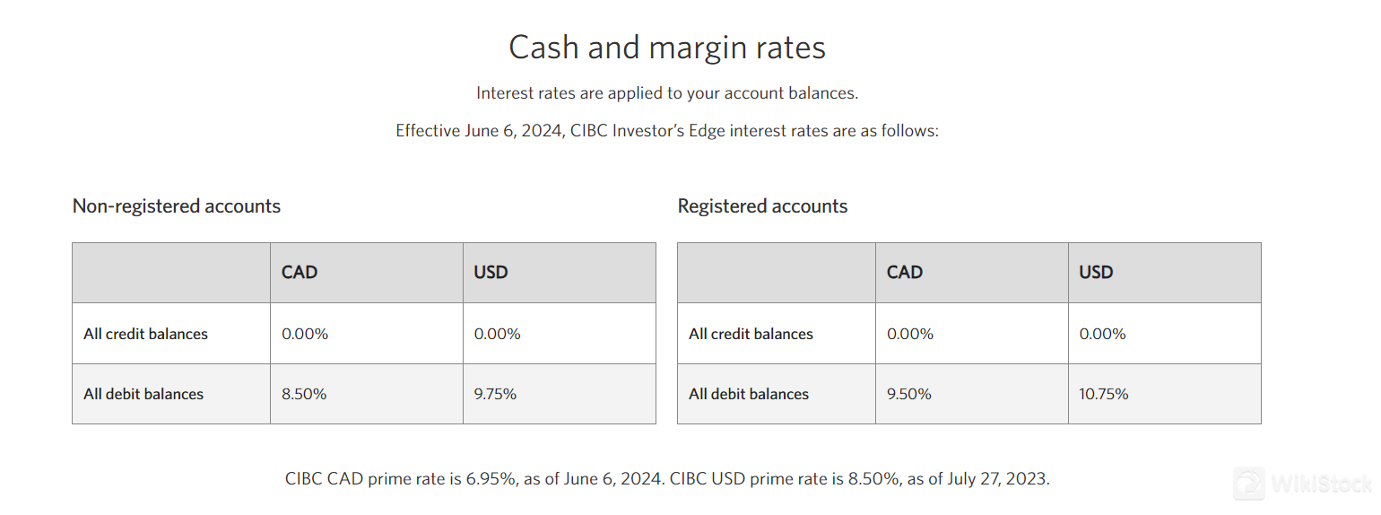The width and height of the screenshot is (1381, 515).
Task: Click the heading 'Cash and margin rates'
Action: click(x=667, y=47)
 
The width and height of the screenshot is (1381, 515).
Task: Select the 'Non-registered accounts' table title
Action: click(x=177, y=206)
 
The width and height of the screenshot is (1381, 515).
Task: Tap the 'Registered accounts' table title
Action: click(x=762, y=206)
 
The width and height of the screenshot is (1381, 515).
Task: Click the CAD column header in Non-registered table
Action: click(x=300, y=272)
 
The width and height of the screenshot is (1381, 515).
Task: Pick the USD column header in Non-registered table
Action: click(x=491, y=272)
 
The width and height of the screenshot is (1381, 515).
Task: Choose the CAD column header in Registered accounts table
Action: click(x=905, y=272)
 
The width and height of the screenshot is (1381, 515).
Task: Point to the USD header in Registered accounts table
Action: click(x=1096, y=272)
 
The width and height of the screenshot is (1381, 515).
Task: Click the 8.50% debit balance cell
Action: click(x=304, y=394)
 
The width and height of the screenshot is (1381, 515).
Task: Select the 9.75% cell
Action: click(x=495, y=394)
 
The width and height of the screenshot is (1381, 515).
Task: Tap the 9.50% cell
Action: click(x=909, y=394)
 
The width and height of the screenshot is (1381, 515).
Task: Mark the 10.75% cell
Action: click(x=1104, y=394)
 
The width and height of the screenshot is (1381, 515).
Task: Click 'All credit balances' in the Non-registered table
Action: click(x=145, y=334)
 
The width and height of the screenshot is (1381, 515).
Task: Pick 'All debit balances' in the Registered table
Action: click(x=749, y=394)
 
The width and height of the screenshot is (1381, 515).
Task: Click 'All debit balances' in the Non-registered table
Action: click(x=143, y=394)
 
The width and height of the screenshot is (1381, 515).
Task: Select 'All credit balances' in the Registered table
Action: click(x=751, y=334)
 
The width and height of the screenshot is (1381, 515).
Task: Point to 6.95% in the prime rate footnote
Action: click(x=491, y=478)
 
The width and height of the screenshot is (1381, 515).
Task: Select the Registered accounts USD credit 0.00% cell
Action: click(x=1102, y=334)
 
